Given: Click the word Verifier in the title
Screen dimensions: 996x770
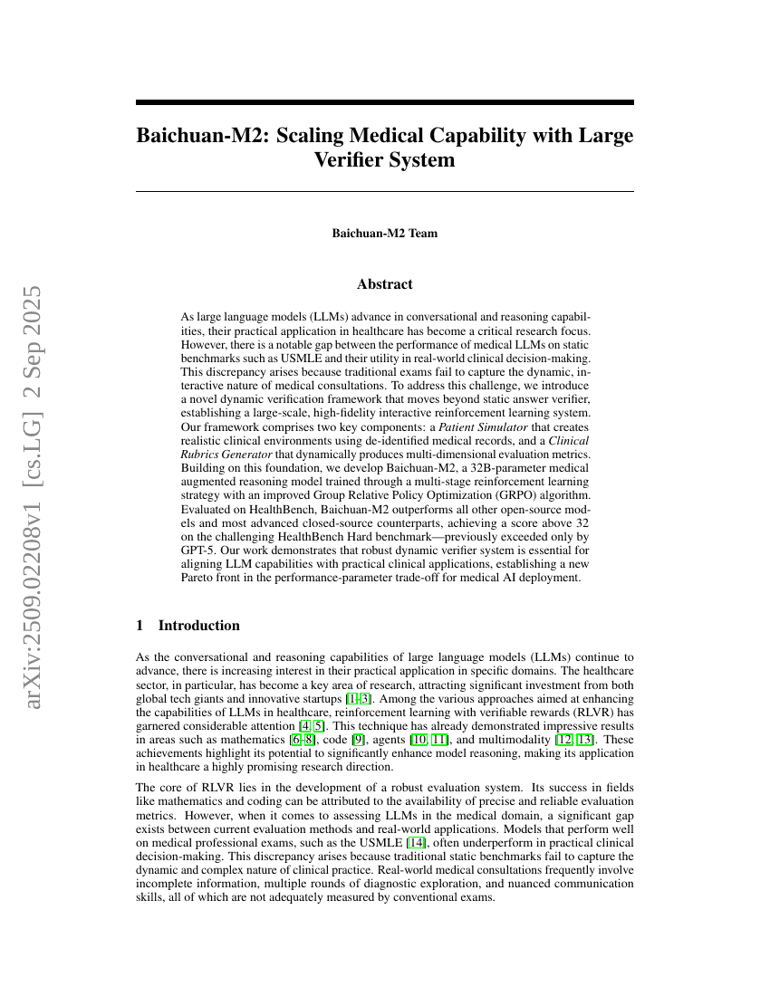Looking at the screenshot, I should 351,160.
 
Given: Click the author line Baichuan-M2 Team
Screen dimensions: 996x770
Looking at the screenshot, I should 384,234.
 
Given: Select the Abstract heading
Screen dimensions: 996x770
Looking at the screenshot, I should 384,284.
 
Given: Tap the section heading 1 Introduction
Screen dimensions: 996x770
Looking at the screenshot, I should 188,626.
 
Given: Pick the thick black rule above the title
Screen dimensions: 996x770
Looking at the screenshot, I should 384,103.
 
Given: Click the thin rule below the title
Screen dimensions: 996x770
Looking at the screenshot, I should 384,191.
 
